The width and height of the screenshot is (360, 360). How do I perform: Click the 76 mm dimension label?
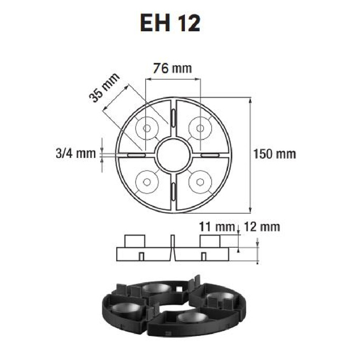(172, 68)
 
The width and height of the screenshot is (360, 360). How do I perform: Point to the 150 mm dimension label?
(274, 154)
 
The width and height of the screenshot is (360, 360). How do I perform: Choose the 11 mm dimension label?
(216, 227)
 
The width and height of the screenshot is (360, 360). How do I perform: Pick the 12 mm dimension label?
(262, 227)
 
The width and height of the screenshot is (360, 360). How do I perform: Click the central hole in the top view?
(173, 155)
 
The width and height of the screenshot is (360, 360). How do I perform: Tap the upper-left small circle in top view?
(146, 128)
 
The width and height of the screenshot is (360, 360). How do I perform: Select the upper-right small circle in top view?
(200, 128)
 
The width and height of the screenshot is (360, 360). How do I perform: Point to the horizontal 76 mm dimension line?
(173, 79)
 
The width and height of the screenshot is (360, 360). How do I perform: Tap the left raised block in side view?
(134, 241)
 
